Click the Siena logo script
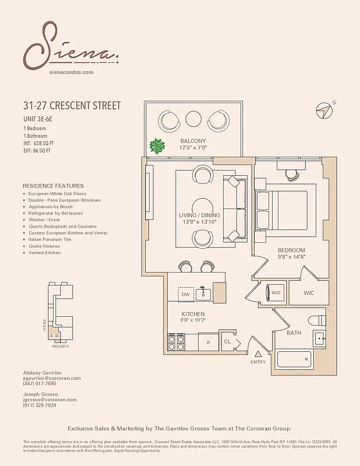[x=70, y=47]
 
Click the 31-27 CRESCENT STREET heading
[x=72, y=106]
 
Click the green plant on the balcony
[x=156, y=146]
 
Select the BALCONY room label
[x=193, y=142]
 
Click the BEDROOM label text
[x=291, y=250]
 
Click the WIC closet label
[x=309, y=293]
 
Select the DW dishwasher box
[x=186, y=294]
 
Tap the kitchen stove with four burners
[x=177, y=341]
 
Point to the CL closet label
[x=228, y=342]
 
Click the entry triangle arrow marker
[x=258, y=353]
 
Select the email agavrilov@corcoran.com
[x=52, y=378]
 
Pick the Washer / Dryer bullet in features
[x=44, y=220]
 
